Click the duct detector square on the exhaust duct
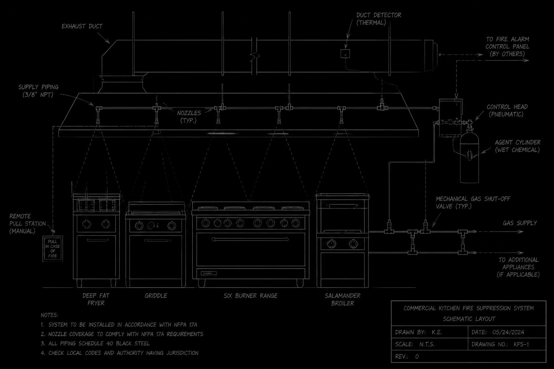(x=345, y=54)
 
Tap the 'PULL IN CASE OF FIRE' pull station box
(x=53, y=249)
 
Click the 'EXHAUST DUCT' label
(x=82, y=26)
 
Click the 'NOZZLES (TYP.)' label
(x=189, y=117)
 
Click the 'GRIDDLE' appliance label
(x=156, y=296)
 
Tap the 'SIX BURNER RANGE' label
(x=250, y=296)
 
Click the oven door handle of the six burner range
(x=250, y=239)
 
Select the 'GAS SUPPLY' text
(x=520, y=223)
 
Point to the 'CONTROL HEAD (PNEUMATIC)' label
(x=507, y=111)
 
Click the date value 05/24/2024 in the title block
(x=508, y=332)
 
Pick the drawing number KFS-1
(x=521, y=344)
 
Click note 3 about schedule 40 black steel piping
(x=95, y=344)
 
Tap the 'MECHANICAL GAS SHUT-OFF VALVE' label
(x=473, y=203)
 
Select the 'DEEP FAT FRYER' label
(x=96, y=299)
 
